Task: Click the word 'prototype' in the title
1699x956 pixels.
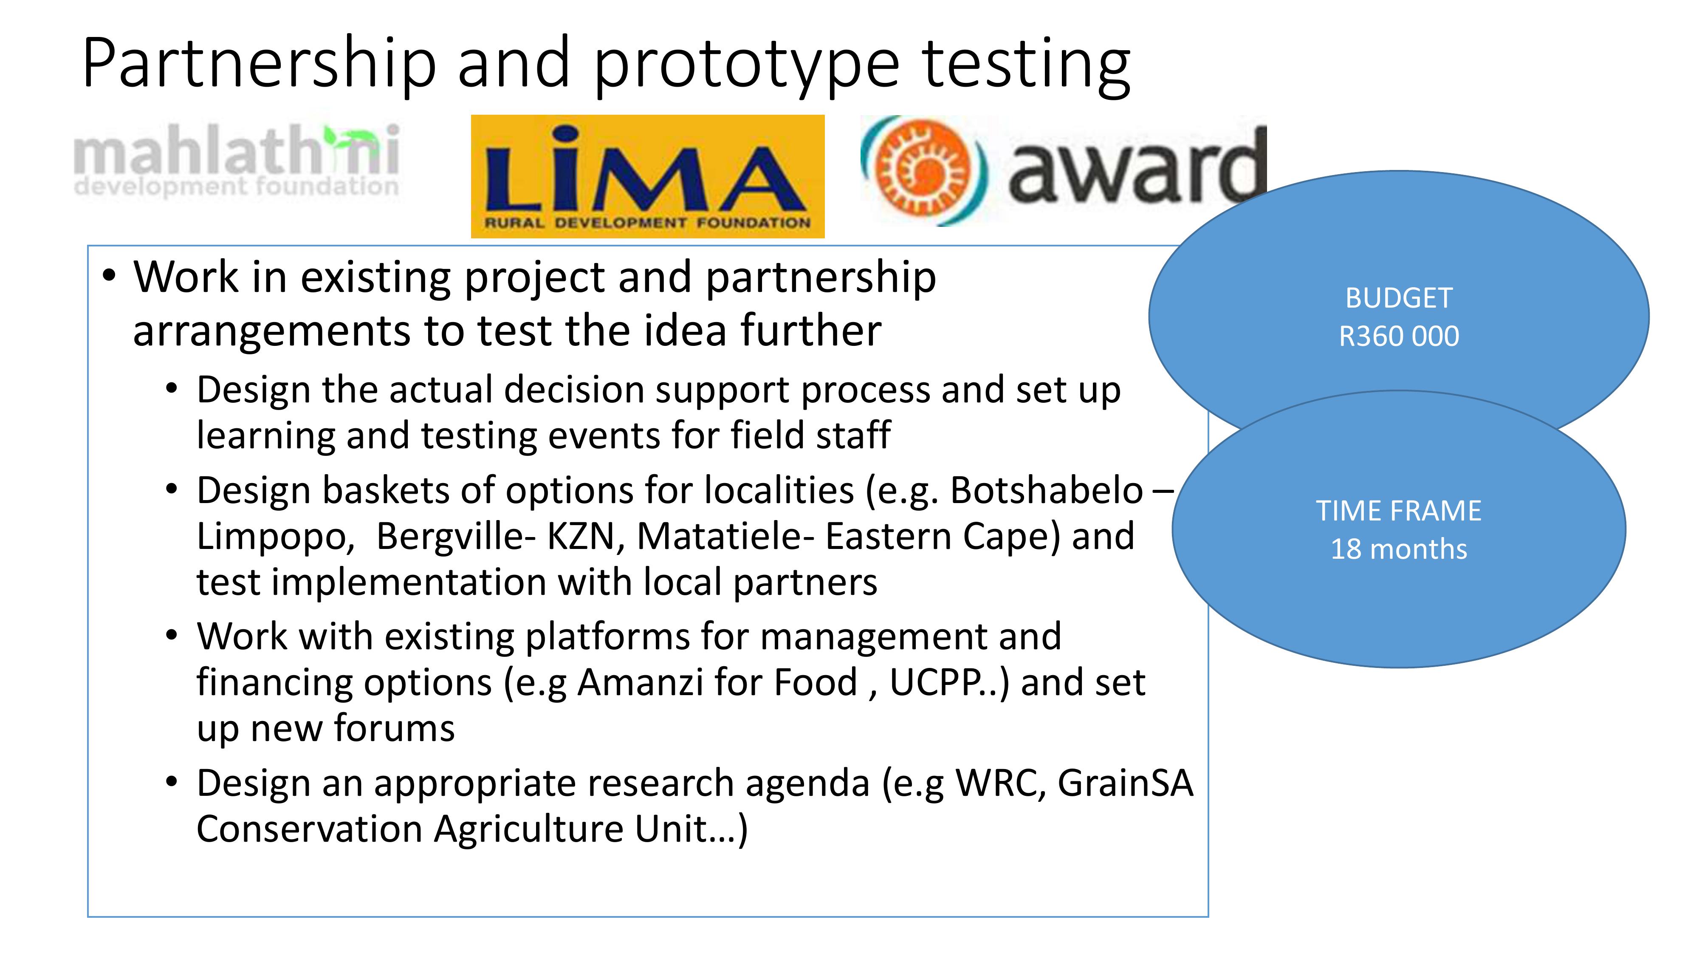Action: click(747, 64)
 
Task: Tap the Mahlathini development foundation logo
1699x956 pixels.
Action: click(237, 160)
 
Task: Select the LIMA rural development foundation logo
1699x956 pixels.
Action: click(648, 176)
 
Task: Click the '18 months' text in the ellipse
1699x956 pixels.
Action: click(1399, 549)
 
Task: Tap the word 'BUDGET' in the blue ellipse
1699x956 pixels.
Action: click(1399, 298)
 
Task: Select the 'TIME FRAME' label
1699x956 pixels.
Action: click(1399, 511)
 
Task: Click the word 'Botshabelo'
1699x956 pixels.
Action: click(1047, 490)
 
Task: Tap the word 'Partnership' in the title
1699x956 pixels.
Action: click(259, 64)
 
